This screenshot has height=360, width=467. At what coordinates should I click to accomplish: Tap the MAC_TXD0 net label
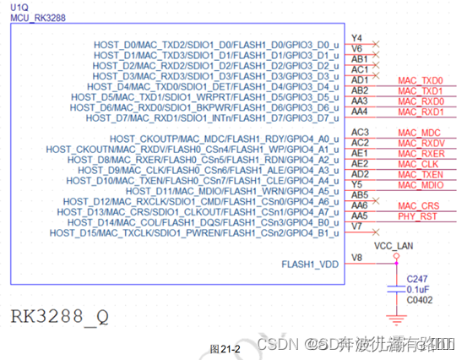point(421,81)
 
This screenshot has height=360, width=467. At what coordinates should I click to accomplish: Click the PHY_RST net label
point(417,216)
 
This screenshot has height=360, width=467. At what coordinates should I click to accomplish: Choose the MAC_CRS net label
point(418,206)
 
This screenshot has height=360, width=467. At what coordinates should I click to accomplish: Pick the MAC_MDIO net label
point(421,185)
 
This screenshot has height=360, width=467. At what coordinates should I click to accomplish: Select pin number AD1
point(360,79)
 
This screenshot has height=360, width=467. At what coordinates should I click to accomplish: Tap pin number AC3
point(361,133)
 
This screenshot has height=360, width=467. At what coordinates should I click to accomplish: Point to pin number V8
point(357,257)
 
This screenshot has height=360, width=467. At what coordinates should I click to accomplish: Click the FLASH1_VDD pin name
point(311,264)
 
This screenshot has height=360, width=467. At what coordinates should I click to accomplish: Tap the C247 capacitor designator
point(417,278)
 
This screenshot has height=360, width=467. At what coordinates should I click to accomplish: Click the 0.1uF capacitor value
point(419,289)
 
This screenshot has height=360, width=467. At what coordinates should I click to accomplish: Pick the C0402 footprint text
point(419,300)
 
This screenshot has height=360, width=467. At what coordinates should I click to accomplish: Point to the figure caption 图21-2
point(225,348)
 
